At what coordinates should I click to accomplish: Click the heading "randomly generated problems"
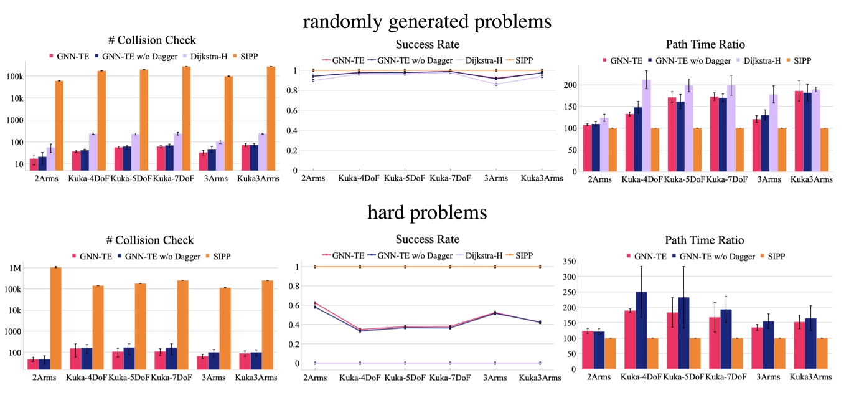[427, 21]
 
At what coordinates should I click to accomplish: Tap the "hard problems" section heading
[427, 212]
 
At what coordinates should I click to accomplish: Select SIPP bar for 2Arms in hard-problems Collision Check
[55, 318]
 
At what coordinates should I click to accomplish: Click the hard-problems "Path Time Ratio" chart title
[705, 240]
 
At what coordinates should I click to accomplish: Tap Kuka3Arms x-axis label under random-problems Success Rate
[540, 178]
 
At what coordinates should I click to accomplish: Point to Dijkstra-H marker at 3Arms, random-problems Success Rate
[495, 84]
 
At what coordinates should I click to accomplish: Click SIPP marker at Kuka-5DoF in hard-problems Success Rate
[405, 267]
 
